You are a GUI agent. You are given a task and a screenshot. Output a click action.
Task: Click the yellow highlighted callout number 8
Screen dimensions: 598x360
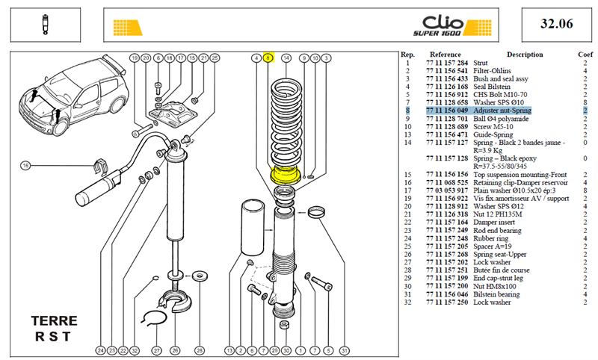point(268,58)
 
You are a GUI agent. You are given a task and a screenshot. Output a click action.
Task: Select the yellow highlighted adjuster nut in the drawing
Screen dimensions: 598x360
point(285,176)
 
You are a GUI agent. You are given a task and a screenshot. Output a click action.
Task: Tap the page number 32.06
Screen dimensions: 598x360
point(556,24)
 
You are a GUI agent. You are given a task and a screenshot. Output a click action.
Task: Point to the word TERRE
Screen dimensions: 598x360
point(54,320)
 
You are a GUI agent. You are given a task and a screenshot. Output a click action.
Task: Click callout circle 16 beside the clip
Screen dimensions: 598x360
point(25,166)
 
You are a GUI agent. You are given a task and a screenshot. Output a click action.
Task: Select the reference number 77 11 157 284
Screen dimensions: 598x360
point(446,63)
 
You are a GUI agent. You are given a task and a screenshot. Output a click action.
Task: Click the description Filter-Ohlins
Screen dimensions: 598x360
point(492,71)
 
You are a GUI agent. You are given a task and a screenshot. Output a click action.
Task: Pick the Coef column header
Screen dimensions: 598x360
point(585,55)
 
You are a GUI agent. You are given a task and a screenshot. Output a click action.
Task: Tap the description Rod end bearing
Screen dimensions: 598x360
point(497,231)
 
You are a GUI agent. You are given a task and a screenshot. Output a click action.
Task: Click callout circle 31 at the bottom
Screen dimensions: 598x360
point(345,350)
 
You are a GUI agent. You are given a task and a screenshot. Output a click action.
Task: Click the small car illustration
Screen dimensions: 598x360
point(73,96)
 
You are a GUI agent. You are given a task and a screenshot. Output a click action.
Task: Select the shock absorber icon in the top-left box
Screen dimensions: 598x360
point(46,25)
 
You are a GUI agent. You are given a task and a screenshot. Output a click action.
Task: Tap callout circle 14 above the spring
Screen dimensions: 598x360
point(286,58)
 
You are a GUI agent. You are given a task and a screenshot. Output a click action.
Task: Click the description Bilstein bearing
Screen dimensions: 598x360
point(496,294)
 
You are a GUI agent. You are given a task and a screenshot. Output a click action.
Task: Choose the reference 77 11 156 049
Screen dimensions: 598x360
point(446,111)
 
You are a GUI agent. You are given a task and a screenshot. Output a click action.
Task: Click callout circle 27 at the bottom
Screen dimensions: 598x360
point(157,350)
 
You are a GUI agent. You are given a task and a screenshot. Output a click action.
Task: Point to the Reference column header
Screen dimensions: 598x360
point(445,55)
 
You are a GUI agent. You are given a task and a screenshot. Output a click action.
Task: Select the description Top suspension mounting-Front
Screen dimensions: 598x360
point(520,175)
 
